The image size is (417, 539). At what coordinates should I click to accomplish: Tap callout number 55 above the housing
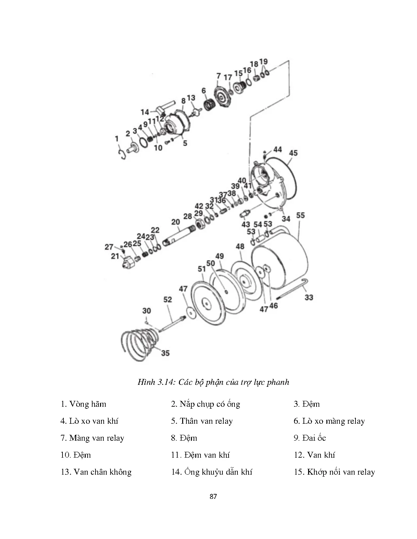pyautogui.click(x=300, y=215)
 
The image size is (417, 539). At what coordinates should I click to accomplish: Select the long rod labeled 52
pyautogui.click(x=171, y=324)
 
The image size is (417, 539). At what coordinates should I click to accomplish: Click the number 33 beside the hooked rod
pyautogui.click(x=309, y=297)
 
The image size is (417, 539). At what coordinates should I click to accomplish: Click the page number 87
pyautogui.click(x=213, y=496)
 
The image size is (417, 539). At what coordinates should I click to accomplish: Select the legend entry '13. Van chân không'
pyautogui.click(x=96, y=472)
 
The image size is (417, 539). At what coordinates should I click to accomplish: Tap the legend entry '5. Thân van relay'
pyautogui.click(x=202, y=421)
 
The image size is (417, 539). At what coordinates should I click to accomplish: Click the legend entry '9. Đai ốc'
pyautogui.click(x=309, y=438)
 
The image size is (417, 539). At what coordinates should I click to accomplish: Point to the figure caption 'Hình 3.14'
pyautogui.click(x=155, y=382)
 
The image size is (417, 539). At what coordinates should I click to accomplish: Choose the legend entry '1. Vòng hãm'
pyautogui.click(x=83, y=404)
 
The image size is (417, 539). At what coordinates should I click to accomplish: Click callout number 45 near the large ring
pyautogui.click(x=293, y=153)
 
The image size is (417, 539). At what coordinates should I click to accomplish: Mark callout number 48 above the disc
pyautogui.click(x=240, y=246)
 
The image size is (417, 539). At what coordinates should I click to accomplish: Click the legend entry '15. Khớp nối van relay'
pyautogui.click(x=334, y=472)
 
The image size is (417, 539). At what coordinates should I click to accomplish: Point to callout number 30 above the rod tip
pyautogui.click(x=147, y=311)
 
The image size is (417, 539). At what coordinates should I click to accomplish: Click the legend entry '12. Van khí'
pyautogui.click(x=314, y=455)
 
